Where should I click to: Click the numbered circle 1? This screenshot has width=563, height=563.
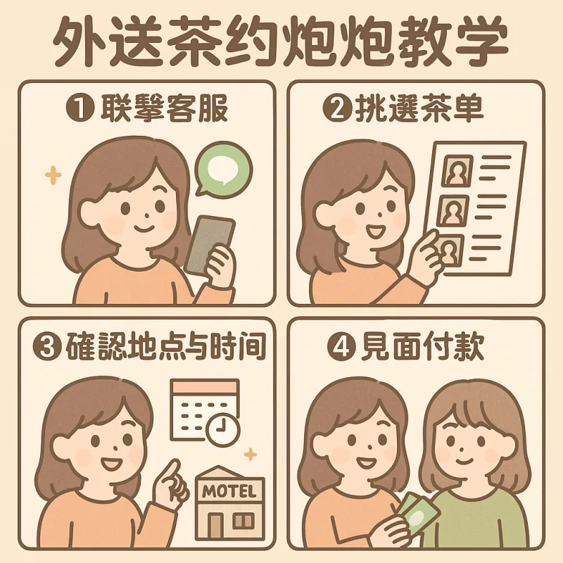point(80,109)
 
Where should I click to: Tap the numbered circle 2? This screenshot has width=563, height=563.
point(338,109)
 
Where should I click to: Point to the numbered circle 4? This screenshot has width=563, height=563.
point(341,346)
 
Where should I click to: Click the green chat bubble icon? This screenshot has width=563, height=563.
point(223,170)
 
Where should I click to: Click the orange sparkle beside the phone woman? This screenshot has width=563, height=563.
point(53,175)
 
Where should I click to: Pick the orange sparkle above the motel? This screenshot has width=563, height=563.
point(251,454)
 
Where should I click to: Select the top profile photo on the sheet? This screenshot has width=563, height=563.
point(457,170)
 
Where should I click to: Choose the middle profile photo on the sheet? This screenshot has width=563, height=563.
point(453,210)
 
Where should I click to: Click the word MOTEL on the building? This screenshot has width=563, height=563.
point(229,491)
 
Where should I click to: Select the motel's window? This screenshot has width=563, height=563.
point(243,521)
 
